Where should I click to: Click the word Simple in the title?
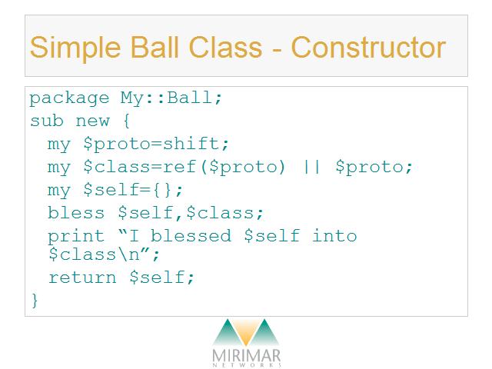[x=75, y=48]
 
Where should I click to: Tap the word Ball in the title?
[x=154, y=47]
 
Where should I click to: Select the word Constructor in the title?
[x=368, y=47]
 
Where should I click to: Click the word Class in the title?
[x=225, y=47]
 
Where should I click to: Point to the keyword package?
[x=69, y=98]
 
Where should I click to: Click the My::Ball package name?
[x=171, y=98]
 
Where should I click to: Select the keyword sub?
[x=47, y=121]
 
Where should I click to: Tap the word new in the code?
[x=92, y=121]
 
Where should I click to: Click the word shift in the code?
[x=191, y=144]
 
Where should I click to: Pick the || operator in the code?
[x=312, y=167]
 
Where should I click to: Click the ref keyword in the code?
[x=180, y=166]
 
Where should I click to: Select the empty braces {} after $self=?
[x=162, y=190]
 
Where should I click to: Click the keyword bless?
[x=75, y=213]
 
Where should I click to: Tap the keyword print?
[x=75, y=237]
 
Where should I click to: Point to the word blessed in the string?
[x=191, y=236]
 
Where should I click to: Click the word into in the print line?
[x=334, y=236]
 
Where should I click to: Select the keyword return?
[x=82, y=278]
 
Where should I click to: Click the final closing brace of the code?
[x=35, y=301]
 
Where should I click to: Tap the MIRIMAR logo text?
[x=246, y=356]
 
